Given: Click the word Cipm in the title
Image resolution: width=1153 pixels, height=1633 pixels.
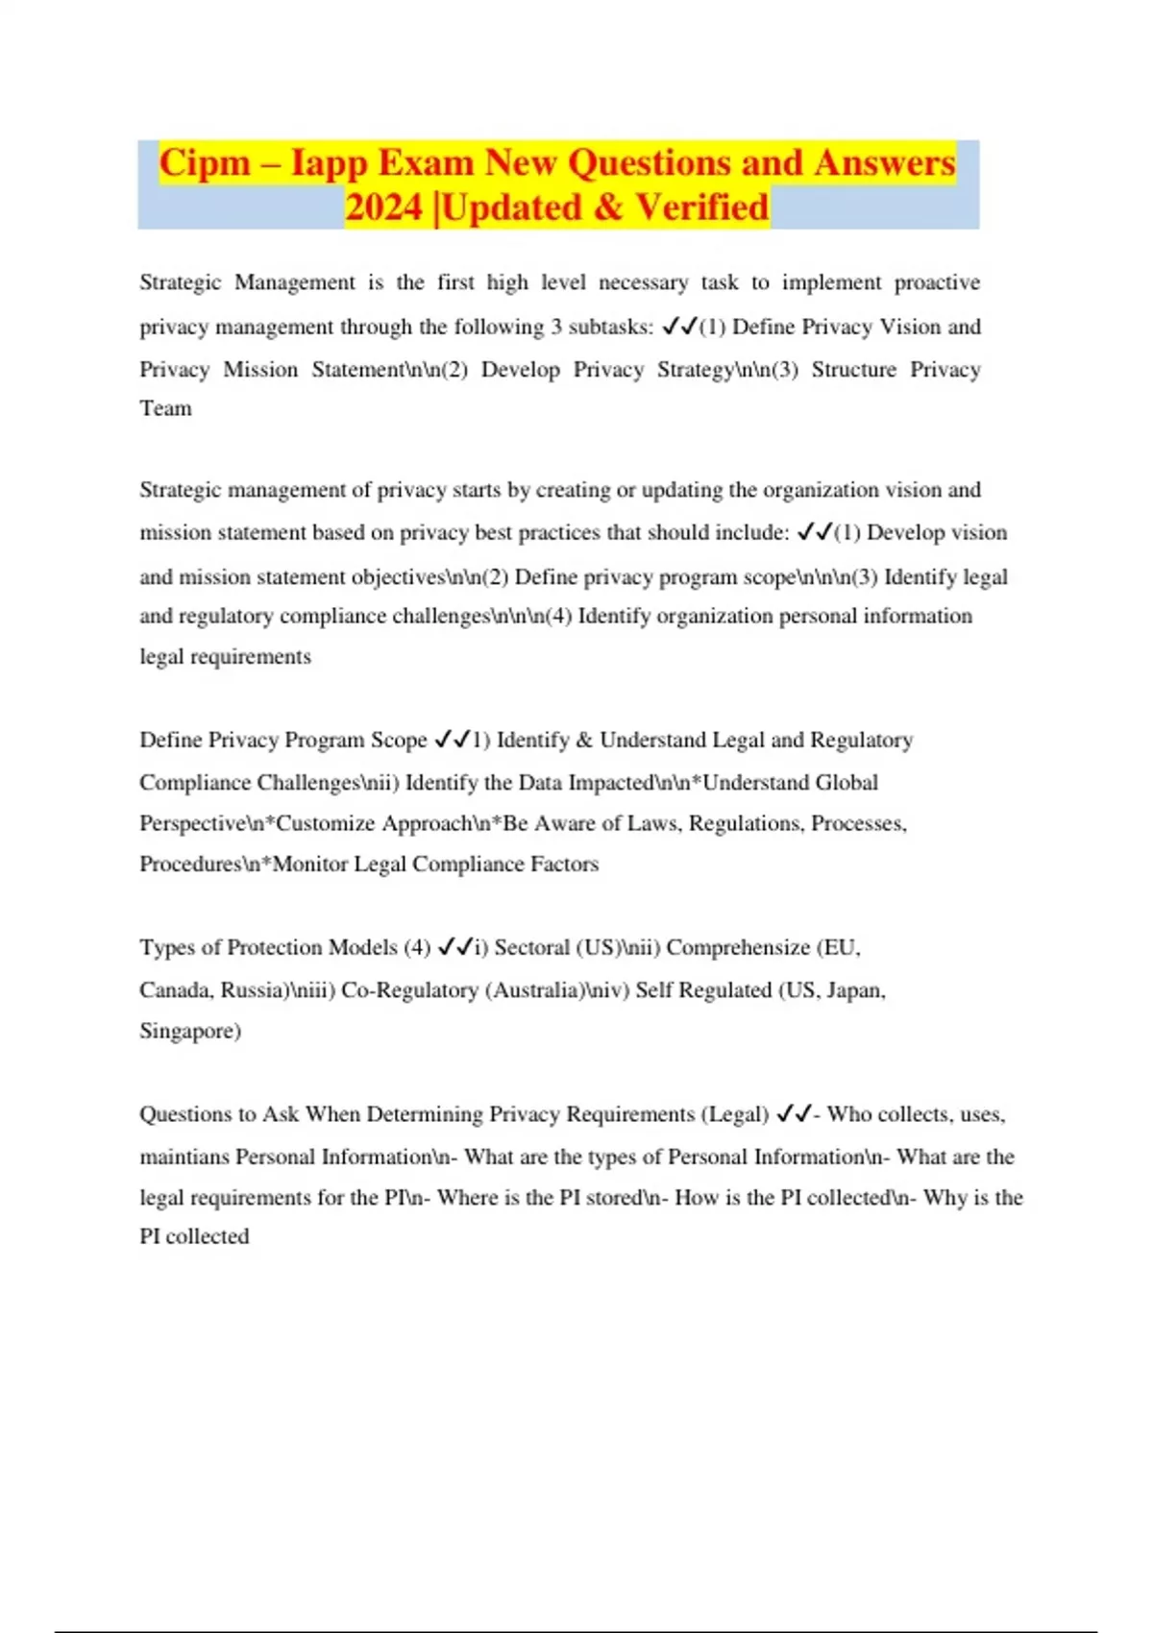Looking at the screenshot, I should tap(205, 162).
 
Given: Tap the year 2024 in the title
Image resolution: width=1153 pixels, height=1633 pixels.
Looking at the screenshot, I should tap(383, 207).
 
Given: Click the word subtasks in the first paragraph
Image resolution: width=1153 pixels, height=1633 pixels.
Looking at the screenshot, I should tap(610, 327).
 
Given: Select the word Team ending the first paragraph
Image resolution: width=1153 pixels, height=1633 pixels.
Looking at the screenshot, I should tap(165, 408).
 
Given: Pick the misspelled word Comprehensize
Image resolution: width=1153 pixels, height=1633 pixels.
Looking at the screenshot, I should tap(738, 947).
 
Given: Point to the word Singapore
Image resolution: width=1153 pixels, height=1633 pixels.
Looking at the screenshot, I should tap(189, 1031).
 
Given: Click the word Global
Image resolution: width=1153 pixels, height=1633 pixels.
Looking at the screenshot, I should tap(846, 782).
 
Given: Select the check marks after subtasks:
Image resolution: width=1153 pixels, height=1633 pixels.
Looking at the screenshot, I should tap(678, 327).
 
